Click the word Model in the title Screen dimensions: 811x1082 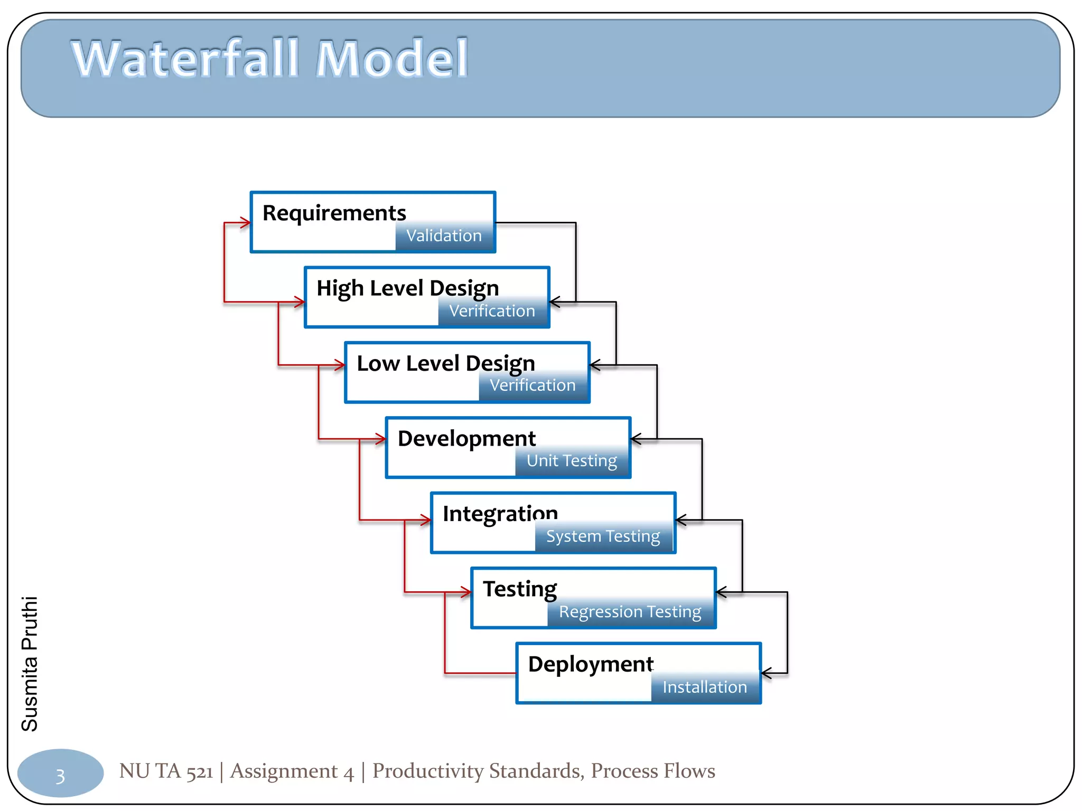click(x=391, y=59)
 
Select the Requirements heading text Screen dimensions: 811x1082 click(x=334, y=213)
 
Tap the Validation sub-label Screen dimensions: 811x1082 click(x=444, y=235)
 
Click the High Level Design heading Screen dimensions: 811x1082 click(x=407, y=289)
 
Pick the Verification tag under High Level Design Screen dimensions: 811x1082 click(x=492, y=311)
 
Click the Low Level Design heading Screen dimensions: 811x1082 click(x=446, y=364)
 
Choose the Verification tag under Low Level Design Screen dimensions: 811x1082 click(x=533, y=385)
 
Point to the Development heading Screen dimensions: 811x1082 click(x=467, y=439)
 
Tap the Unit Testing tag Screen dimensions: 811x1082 click(x=572, y=461)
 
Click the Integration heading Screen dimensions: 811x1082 click(x=500, y=514)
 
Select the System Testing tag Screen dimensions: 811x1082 click(x=603, y=536)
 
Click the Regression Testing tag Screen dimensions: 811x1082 click(x=630, y=612)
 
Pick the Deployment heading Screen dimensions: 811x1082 click(x=591, y=664)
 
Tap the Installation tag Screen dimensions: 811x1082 click(x=705, y=687)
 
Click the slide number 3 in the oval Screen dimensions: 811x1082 click(x=60, y=776)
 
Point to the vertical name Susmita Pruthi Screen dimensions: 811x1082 click(x=30, y=664)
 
